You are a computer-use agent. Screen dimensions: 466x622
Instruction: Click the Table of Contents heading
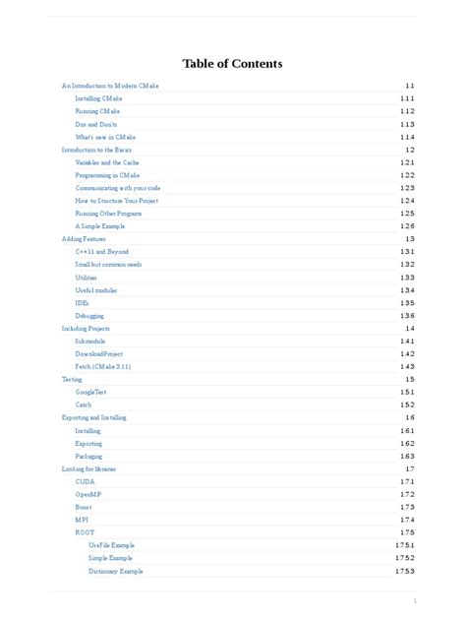coord(232,64)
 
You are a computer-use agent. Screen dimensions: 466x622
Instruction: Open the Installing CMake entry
coord(98,98)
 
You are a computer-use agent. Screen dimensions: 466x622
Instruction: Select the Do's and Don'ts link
coord(95,124)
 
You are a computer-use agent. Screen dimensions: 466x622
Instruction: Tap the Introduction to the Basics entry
coord(95,150)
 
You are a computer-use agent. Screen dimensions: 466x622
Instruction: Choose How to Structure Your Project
coord(116,200)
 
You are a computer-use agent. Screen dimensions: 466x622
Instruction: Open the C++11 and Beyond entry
coord(101,251)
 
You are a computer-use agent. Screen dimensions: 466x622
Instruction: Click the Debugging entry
coord(89,315)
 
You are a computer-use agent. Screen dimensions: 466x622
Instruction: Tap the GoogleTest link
coord(90,392)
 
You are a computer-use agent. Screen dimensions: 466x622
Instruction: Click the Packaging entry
coord(88,456)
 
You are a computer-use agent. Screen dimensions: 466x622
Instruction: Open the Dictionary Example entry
coord(115,571)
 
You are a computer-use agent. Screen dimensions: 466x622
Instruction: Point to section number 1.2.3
coord(407,187)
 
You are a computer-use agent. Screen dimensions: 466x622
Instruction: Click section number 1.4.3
coord(407,366)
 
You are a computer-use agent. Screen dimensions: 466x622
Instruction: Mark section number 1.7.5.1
coord(405,545)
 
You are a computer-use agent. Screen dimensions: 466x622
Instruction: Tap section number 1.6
coord(410,417)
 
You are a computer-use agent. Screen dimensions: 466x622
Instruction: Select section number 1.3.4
coord(407,289)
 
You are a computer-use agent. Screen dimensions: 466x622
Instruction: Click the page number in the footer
coord(415,600)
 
